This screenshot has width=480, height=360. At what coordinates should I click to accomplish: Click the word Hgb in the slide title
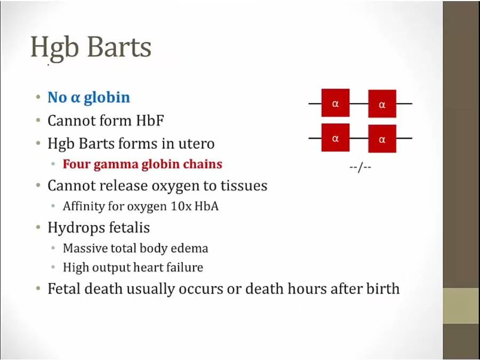54,49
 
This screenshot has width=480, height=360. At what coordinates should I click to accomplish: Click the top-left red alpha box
335,103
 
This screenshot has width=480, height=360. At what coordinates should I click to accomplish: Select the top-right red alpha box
382,104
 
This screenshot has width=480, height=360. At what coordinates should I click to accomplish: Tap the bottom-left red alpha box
335,138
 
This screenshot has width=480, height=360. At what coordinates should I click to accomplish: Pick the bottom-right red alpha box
382,138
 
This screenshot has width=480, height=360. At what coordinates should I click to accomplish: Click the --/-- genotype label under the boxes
361,168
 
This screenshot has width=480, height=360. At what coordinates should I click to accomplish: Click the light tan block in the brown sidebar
462,306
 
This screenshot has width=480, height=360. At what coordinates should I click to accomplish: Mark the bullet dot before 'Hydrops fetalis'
38,227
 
